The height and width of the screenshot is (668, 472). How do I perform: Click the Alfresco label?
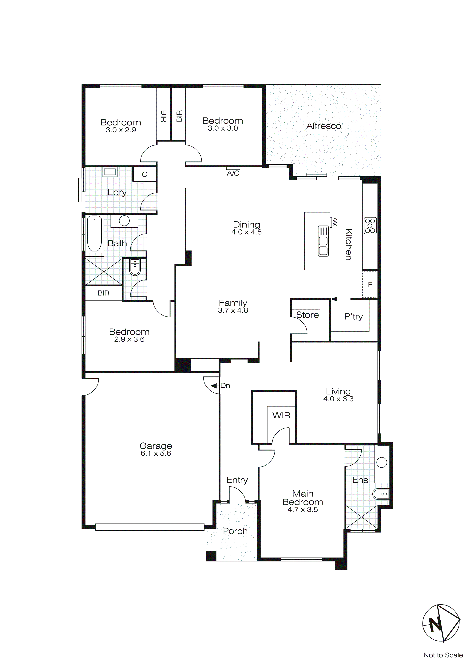[323, 126]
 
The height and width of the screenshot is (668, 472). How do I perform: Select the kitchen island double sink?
[323, 241]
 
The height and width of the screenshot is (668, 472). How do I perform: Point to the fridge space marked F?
[370, 285]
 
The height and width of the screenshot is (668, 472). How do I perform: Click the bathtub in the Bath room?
[94, 233]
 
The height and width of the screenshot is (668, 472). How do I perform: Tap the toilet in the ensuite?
[381, 494]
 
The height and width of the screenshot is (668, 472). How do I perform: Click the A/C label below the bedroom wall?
[233, 173]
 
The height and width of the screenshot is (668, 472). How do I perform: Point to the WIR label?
[281, 415]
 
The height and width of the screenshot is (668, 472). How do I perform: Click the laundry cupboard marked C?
[145, 174]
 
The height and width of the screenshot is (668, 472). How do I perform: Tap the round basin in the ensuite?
[382, 462]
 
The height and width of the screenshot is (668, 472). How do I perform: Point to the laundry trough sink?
[109, 172]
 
